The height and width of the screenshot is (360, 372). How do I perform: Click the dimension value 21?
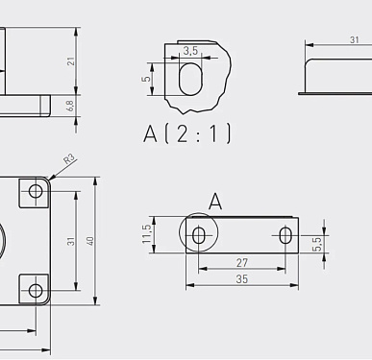point(71,61)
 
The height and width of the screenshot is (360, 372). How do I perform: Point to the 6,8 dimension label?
point(71,106)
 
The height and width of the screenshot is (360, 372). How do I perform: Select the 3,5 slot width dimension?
point(190,51)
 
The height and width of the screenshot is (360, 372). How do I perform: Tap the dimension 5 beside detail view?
point(146,79)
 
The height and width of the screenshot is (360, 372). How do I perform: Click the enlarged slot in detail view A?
point(190,79)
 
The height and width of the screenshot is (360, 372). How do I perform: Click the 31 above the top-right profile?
point(354,40)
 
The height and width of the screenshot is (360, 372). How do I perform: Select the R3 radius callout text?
point(69,159)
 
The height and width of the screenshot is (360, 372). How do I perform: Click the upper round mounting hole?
point(36,192)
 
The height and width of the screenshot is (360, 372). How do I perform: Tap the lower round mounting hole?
point(36,291)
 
